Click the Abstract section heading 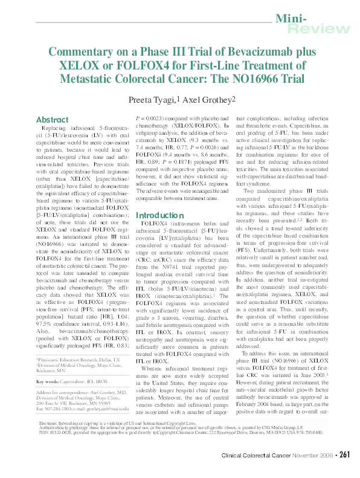[x=53, y=120]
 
